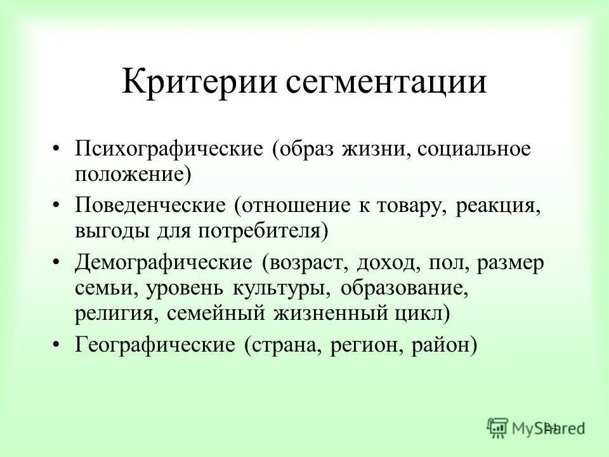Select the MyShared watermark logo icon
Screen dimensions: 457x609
[497, 427]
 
